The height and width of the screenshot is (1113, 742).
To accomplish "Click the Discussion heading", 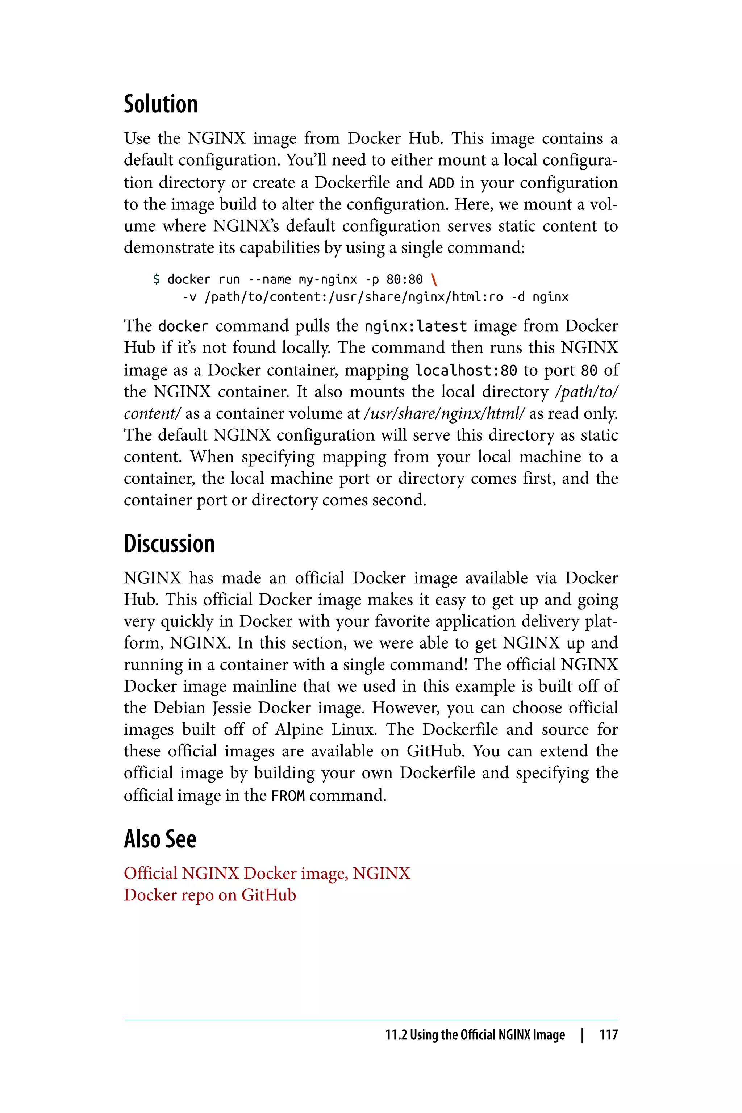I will click(x=170, y=544).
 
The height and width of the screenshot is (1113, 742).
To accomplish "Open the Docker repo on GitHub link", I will click(x=210, y=895).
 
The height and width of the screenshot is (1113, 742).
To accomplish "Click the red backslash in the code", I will click(x=434, y=280).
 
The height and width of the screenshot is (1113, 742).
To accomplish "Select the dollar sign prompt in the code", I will click(x=157, y=280).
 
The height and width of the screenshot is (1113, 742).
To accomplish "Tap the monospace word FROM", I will click(x=288, y=796).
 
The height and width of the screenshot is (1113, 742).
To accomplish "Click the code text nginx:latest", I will click(x=416, y=326).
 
